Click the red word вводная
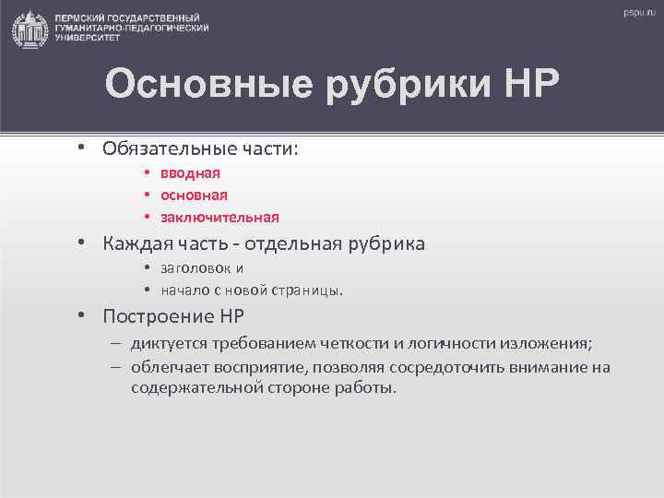190,172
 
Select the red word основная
194,195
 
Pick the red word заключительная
219,218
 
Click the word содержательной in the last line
188,387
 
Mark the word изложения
545,344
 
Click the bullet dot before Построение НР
82,315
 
